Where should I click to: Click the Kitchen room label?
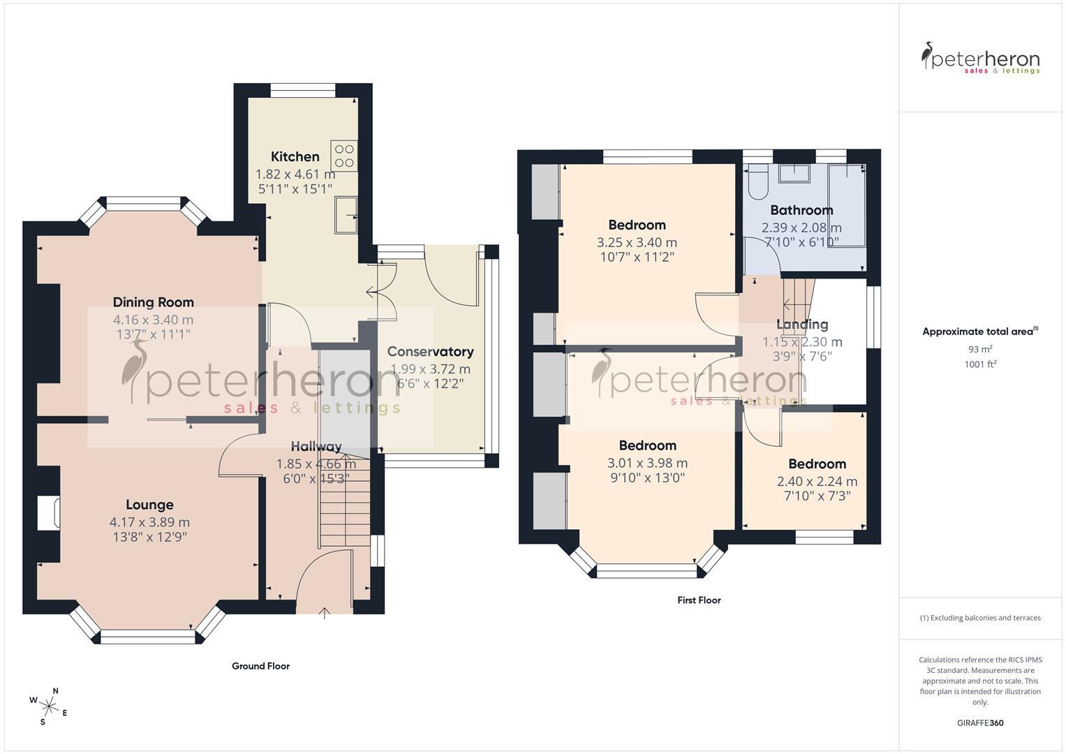tap(295, 156)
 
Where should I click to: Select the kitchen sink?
tap(346, 215)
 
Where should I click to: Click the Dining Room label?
tap(153, 302)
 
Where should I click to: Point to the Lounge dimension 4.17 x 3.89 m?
tap(149, 522)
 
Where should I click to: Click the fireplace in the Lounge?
tap(50, 513)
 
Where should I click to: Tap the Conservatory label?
tap(430, 352)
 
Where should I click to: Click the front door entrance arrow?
tap(325, 614)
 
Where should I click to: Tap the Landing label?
tap(802, 325)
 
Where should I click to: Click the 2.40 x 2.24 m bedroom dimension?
tap(817, 482)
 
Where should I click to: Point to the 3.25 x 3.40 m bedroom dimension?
tap(637, 243)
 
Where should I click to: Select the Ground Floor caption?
tap(260, 666)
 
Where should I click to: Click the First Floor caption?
tap(699, 600)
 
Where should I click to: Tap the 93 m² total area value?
tap(980, 349)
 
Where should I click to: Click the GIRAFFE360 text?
tap(979, 723)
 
